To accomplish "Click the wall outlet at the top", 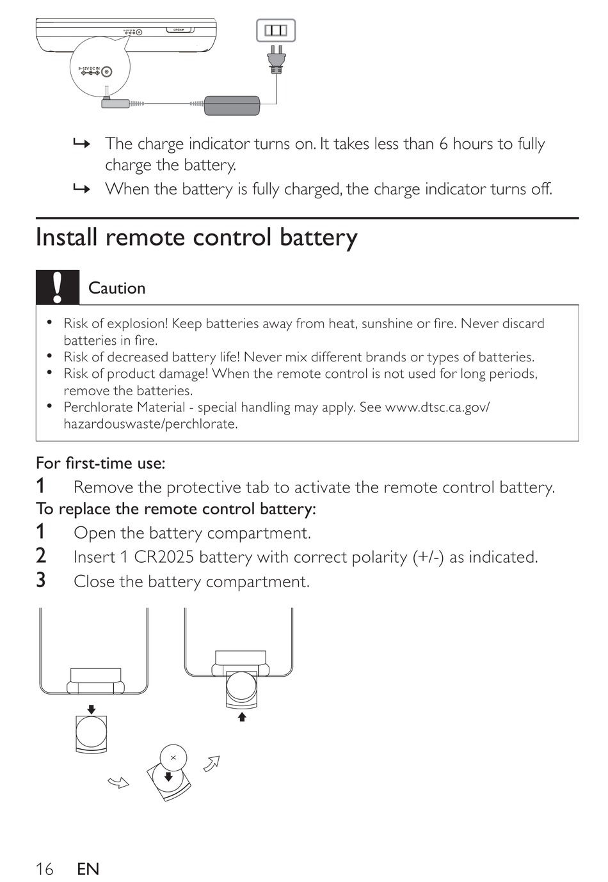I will pos(276,31).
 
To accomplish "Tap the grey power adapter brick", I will pos(232,106).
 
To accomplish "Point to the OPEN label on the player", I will pos(179,29).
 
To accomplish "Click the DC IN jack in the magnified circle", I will pos(106,72).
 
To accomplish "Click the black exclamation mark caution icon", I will pos(58,287).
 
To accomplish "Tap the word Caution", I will pos(116,288).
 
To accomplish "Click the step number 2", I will pos(41,556).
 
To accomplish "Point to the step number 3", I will pos(41,580).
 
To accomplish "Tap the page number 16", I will pos(45,869).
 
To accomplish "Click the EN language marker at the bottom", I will pos(88,869).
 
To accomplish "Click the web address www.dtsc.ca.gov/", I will pos(437,407).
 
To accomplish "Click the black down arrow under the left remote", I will pos(92,709).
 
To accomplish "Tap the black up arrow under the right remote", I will pos(242,717).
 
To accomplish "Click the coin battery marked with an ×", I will pos(173,758).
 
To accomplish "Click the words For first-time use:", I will pos(100,463).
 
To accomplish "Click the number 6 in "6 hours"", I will pos(443,144).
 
